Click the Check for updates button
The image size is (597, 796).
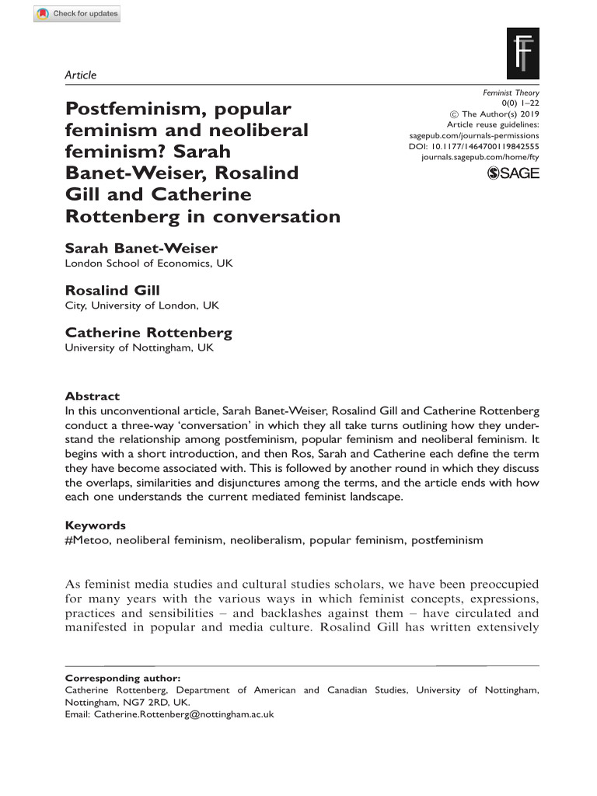[77, 14]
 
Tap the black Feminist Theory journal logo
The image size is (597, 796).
[522, 54]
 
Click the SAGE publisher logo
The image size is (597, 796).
[512, 173]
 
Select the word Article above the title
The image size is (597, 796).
[80, 75]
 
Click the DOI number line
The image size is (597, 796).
[473, 146]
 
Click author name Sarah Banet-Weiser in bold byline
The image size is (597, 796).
[141, 248]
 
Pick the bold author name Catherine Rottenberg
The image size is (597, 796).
[148, 333]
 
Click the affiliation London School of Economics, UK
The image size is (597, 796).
[148, 263]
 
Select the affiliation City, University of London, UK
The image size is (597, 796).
[141, 305]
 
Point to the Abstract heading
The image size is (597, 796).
[92, 396]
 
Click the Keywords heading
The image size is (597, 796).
[95, 525]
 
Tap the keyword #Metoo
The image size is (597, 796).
[87, 539]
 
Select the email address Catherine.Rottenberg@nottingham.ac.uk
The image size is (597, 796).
[183, 714]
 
